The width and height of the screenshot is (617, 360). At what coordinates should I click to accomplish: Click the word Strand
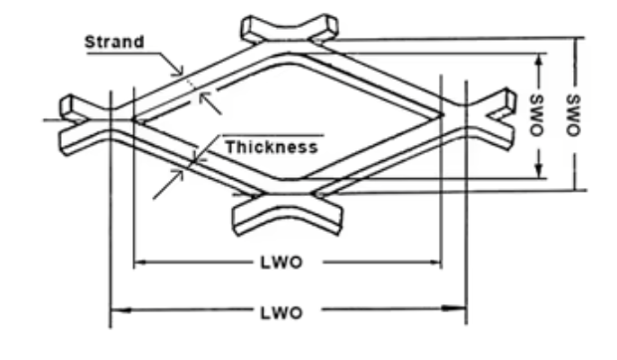coord(114,41)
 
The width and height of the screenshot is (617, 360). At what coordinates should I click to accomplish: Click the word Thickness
coord(271,147)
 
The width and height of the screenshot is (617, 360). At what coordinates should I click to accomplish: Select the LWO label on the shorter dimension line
coord(286,263)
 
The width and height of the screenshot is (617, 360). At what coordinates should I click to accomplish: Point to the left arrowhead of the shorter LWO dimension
coord(138,263)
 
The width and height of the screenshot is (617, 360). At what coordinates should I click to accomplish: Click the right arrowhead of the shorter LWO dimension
coord(435,263)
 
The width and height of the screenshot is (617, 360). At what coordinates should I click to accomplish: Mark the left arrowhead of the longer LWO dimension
coord(115,311)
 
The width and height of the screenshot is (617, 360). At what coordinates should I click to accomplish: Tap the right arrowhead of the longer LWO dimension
coord(461,311)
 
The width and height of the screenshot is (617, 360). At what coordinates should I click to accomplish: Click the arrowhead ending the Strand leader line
coord(181,71)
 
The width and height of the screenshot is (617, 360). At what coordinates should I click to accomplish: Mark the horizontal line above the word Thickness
coord(272,133)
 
